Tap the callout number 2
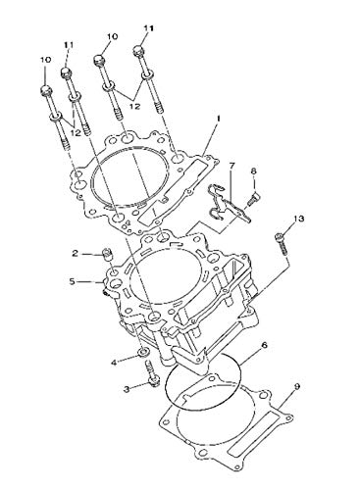(x=74, y=253)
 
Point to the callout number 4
(x=114, y=362)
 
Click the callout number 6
(x=264, y=345)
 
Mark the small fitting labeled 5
(x=104, y=287)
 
